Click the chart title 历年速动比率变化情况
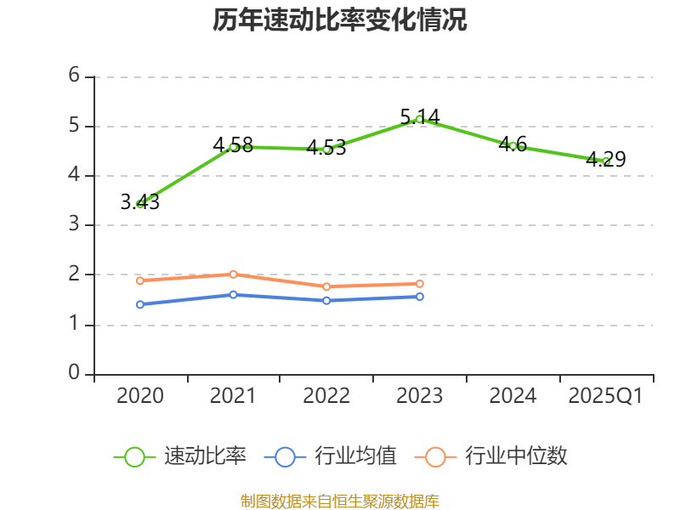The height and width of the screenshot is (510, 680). point(340,21)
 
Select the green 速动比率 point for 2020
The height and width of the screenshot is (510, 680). point(140,204)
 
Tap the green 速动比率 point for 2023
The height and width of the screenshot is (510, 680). point(420,119)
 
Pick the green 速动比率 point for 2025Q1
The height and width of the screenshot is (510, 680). point(606,161)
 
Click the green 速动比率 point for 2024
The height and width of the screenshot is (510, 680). point(513,145)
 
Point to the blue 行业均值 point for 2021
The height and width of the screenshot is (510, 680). point(234,294)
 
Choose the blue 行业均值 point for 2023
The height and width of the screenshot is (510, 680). point(420,297)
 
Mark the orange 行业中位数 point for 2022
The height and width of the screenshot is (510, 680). point(326,286)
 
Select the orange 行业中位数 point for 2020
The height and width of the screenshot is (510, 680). point(140,280)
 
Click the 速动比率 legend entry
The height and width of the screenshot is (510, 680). point(180,456)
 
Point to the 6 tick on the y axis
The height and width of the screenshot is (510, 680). point(74,76)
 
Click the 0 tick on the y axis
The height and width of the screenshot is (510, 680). point(74,374)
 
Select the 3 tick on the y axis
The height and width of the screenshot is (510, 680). point(74,225)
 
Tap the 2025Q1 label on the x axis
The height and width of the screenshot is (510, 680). point(606,396)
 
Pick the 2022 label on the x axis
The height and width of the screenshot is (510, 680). point(326,396)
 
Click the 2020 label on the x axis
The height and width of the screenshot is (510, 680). point(140,396)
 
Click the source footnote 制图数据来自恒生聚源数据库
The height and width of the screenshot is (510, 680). point(340,501)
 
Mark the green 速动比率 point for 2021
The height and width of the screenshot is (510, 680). point(234,146)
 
